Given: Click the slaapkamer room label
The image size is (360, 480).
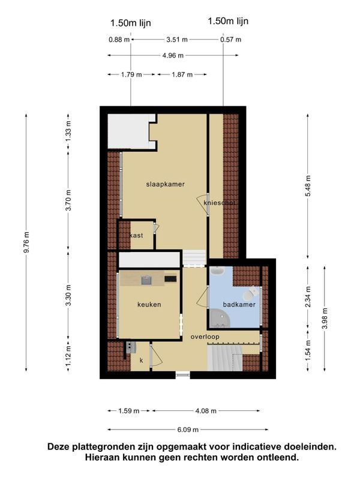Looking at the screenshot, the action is pos(166,184).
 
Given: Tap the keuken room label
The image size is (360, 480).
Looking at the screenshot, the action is pos(149,304).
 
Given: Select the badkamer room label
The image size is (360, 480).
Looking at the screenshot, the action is pos(239,304).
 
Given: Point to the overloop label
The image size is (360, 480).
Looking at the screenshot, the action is pos(205,337).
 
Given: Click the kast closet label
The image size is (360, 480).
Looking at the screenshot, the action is pos(136,235).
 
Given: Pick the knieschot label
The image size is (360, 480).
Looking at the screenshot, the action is pos(220,203).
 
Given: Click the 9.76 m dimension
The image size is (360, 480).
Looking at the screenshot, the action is pos(26,242).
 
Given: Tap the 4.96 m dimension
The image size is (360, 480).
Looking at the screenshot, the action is pos(173,55).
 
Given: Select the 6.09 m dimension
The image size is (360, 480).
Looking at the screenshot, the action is pos(188,430).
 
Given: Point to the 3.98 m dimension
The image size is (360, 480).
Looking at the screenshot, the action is pos(325,319).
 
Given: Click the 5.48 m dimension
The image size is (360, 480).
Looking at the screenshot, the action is pos(308,186).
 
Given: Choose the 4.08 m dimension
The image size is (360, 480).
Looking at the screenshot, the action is pos(206,411).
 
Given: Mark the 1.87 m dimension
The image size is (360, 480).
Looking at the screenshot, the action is pos(182,74).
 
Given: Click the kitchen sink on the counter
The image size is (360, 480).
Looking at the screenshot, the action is pos(146,280).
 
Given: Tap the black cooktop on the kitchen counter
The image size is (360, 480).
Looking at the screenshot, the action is pos(170,279).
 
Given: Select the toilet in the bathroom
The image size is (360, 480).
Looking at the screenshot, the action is pos(250,293).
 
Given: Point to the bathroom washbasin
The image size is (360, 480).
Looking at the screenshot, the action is pos(218,271).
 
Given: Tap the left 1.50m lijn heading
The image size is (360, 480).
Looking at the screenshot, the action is pos(130,23).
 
